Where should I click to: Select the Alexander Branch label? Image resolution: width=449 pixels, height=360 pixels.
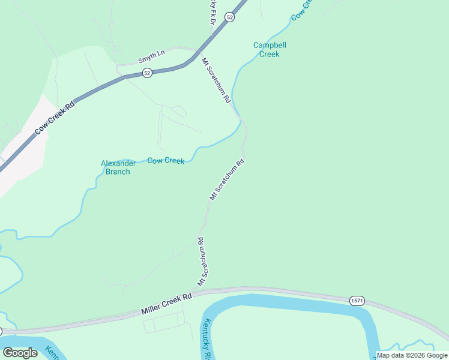(115, 167)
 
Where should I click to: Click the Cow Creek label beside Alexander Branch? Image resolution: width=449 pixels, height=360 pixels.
(166, 160)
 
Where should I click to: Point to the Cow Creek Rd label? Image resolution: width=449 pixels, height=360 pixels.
(55, 118)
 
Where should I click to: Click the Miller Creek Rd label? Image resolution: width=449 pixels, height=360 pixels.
(166, 304)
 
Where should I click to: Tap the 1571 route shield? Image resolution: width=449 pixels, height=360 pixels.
(355, 299)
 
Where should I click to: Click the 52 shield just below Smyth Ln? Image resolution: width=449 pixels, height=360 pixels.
(147, 73)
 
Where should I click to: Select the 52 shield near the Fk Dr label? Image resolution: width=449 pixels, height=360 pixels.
(230, 18)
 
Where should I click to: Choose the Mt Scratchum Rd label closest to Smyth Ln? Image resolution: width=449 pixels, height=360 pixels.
(215, 80)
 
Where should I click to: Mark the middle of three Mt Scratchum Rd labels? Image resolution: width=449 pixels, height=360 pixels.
(227, 179)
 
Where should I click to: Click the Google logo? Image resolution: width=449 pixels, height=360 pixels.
(20, 353)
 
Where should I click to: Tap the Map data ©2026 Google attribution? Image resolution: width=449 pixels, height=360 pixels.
(412, 355)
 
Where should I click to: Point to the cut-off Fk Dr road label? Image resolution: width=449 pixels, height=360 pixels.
(212, 11)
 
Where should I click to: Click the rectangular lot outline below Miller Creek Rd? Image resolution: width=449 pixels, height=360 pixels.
(162, 325)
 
